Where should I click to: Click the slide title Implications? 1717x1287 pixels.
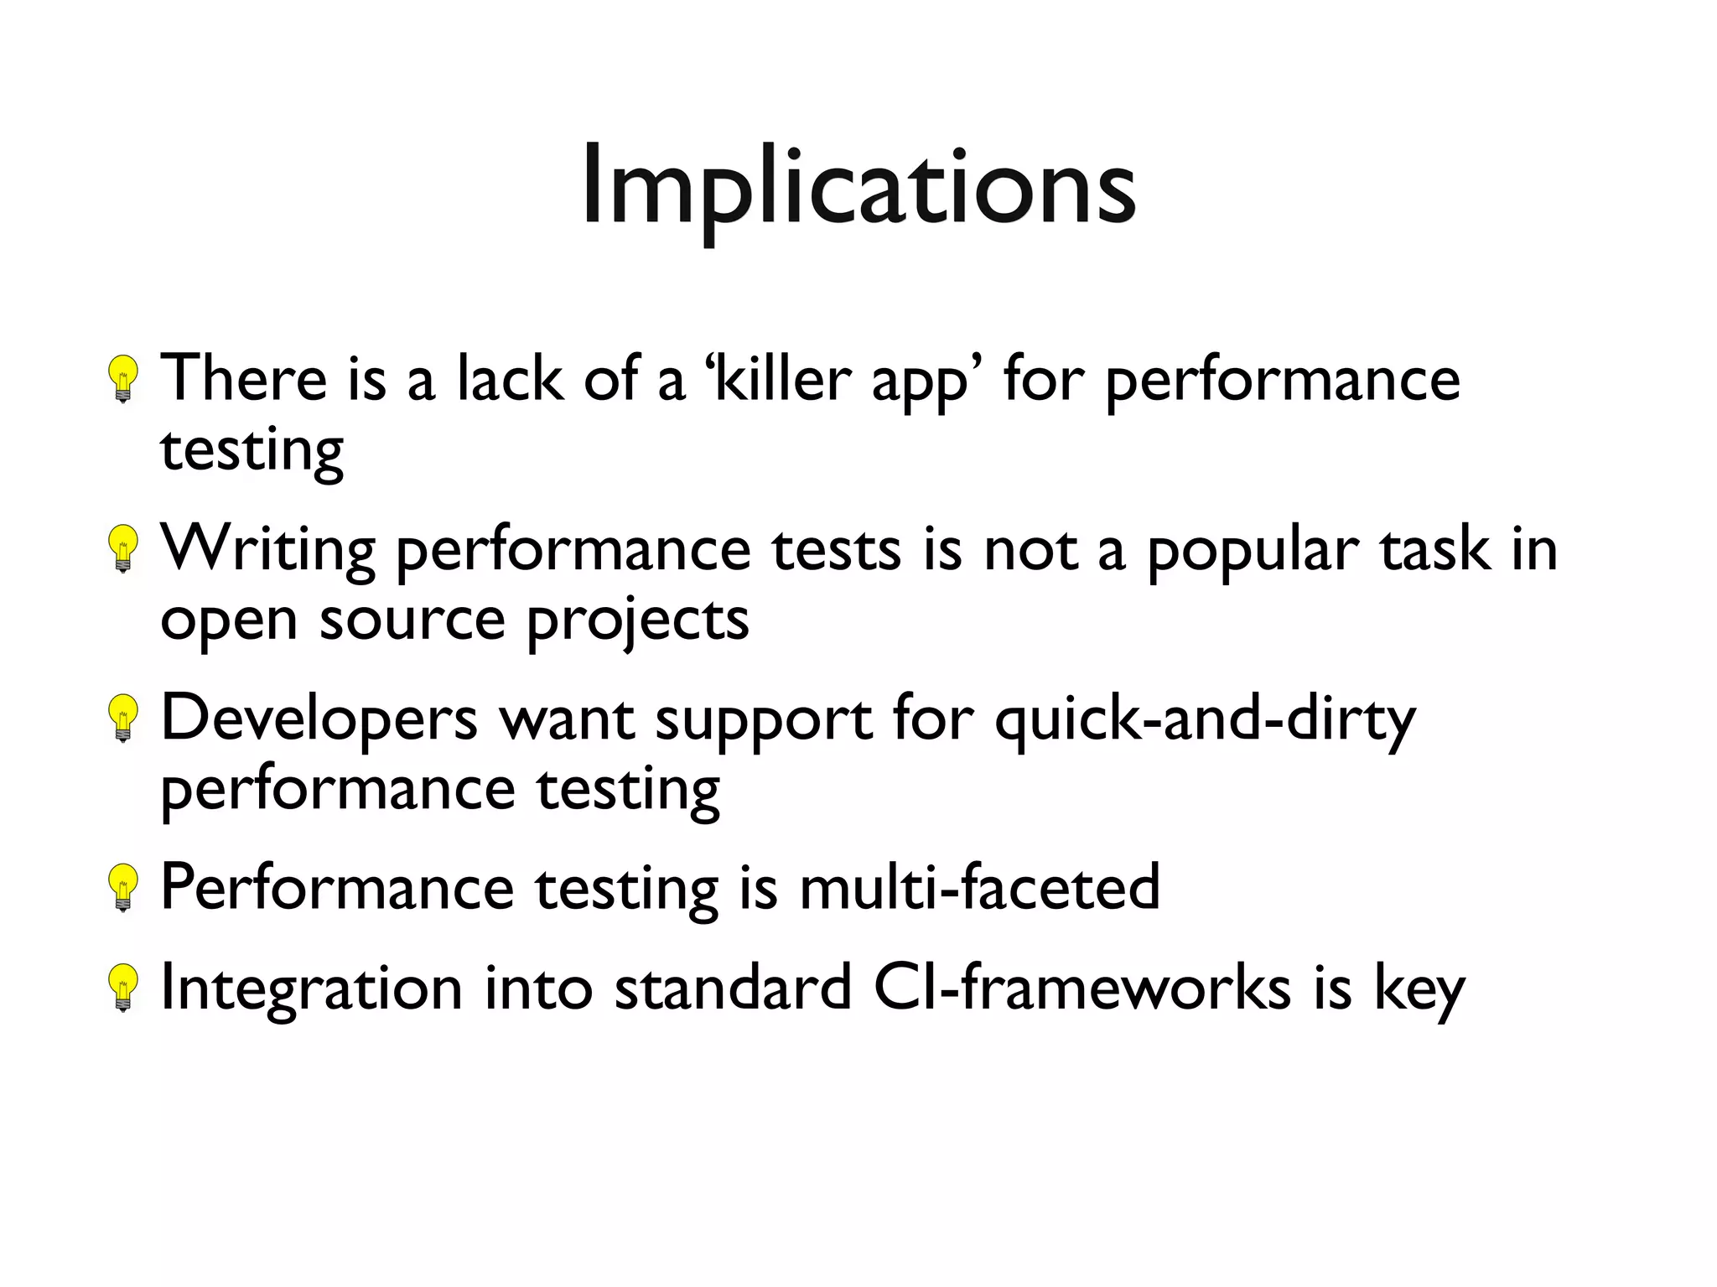coord(858,186)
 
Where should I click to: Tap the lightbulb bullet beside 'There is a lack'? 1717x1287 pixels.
coord(123,379)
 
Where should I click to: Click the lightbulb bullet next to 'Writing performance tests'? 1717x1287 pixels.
coord(123,549)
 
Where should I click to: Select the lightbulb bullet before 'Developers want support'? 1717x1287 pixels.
coord(123,719)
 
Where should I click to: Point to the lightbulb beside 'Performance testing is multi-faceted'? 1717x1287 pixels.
coord(123,888)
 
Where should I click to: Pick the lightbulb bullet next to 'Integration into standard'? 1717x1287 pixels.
coord(123,989)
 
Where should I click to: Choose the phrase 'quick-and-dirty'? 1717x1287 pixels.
coord(1205,721)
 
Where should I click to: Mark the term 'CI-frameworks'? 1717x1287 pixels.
coord(1082,988)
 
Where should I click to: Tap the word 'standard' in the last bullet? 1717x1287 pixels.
coord(733,988)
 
